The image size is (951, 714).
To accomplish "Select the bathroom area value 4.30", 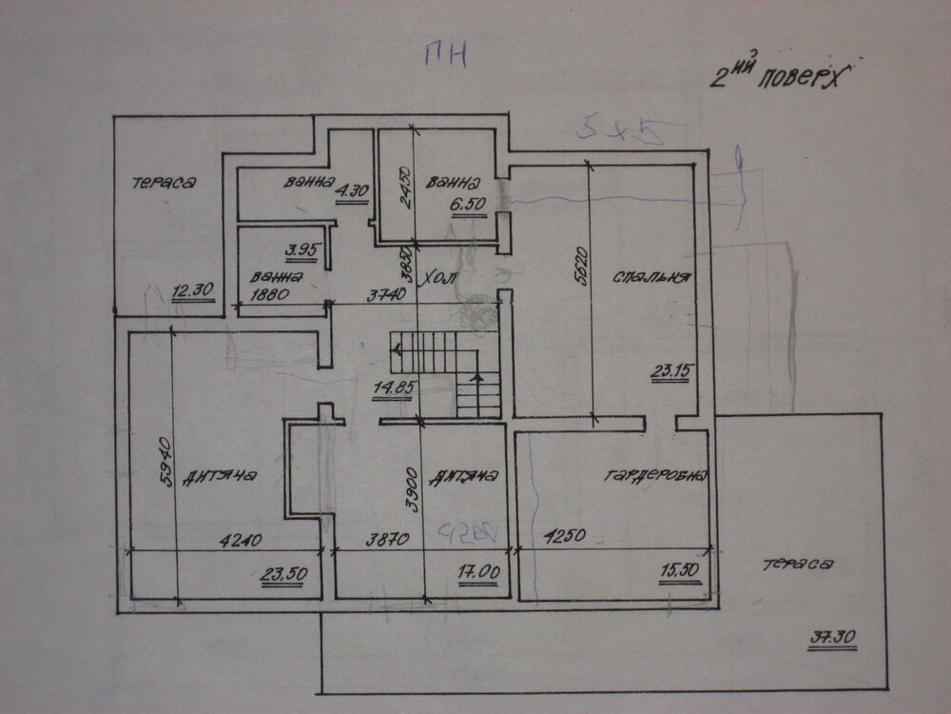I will coord(353,189).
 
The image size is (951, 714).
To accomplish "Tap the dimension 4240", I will coord(238,540).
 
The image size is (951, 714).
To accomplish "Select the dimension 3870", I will coord(387,540).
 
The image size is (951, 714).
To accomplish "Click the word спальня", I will coord(650,277).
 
